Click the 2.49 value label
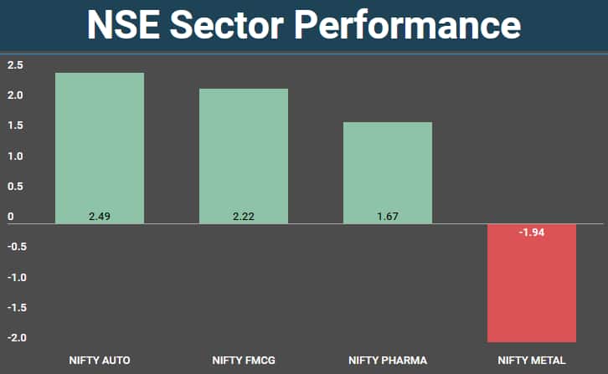tap(100, 217)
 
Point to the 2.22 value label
tap(244, 217)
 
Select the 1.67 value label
tap(388, 217)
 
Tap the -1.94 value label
tap(532, 233)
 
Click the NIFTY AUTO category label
tap(100, 361)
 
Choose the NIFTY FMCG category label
tap(244, 361)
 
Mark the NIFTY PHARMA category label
tap(388, 361)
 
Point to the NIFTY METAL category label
tap(532, 361)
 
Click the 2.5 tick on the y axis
tap(15, 65)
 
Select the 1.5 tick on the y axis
tap(15, 126)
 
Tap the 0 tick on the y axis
tap(11, 217)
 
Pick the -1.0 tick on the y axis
tap(17, 277)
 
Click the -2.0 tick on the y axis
tap(17, 338)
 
